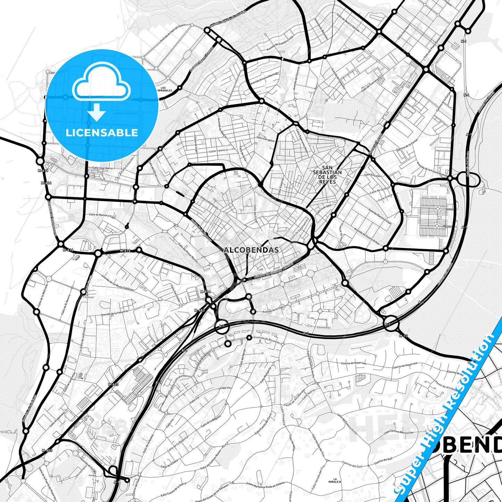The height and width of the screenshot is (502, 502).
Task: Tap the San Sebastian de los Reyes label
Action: (327, 174)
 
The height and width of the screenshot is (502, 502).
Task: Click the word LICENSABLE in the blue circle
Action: (102, 132)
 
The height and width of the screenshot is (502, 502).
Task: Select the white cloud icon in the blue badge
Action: (101, 82)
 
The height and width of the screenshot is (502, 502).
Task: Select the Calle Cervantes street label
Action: (265, 139)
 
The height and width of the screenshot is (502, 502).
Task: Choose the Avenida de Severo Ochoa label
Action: (367, 236)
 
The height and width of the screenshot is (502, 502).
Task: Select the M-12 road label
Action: (403, 336)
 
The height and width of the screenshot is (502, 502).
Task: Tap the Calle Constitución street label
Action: (209, 203)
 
